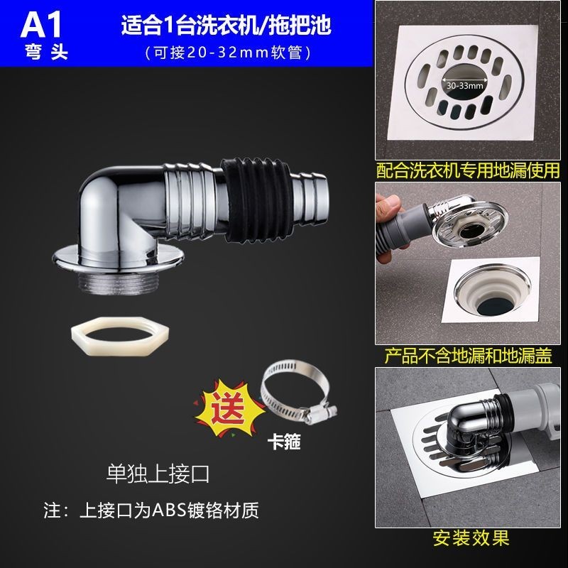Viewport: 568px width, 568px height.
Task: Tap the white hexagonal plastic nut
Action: (x=120, y=337)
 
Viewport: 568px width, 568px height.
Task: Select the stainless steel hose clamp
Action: (x=298, y=393)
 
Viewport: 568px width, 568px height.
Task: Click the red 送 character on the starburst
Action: (x=228, y=408)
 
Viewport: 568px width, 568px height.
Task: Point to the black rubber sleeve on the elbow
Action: (x=256, y=199)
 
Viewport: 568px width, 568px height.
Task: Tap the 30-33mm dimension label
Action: (x=465, y=86)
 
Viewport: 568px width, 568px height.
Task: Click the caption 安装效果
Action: (x=471, y=538)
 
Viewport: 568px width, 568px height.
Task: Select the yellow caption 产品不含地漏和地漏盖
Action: (x=468, y=356)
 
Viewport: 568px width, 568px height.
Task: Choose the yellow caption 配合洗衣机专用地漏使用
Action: (x=468, y=170)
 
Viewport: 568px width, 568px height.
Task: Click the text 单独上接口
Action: (x=158, y=474)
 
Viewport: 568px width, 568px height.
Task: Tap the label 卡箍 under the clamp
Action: (x=284, y=442)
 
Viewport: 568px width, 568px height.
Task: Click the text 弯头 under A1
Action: (x=46, y=52)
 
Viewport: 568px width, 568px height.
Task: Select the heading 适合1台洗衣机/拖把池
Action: (x=226, y=26)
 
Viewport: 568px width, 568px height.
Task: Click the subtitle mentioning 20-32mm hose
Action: (x=228, y=53)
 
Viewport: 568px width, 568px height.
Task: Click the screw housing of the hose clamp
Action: (x=320, y=414)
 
